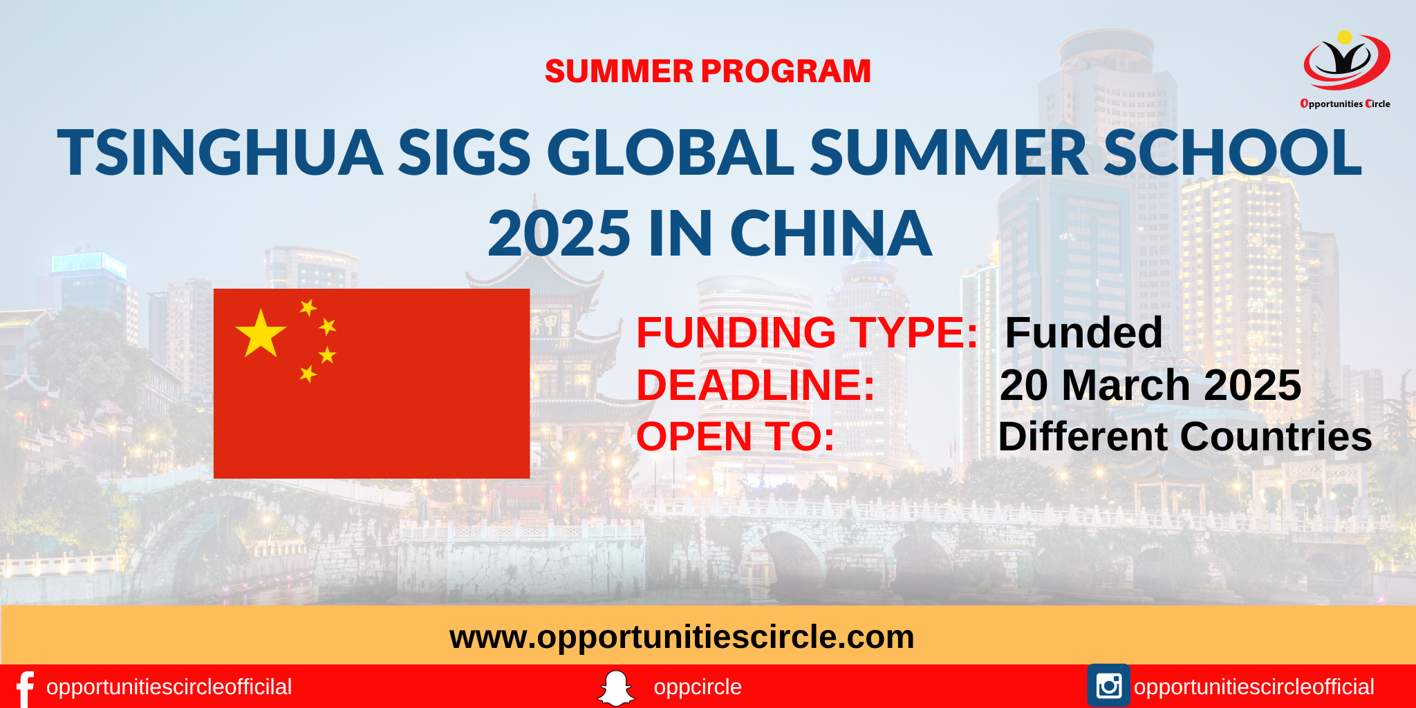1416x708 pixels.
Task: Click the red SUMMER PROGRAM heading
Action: (x=707, y=71)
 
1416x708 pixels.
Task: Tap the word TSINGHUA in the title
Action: (x=220, y=153)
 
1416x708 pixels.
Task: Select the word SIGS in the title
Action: (x=464, y=153)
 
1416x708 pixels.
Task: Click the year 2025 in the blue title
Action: (x=559, y=233)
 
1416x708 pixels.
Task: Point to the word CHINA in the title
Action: (x=830, y=233)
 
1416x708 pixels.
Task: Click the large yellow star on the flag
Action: (x=261, y=334)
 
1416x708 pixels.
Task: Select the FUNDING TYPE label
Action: (x=807, y=332)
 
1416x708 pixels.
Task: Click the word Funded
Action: (x=1083, y=332)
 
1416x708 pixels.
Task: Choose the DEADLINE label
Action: (x=756, y=385)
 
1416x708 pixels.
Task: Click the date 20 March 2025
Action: (x=1150, y=385)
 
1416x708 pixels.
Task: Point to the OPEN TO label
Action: (x=736, y=437)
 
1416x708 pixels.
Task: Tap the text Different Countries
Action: (x=1185, y=437)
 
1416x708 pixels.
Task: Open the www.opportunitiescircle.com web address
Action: (x=682, y=636)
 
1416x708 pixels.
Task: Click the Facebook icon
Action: (x=25, y=688)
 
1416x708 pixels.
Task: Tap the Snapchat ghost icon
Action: (x=615, y=688)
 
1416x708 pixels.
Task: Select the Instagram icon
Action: (x=1108, y=686)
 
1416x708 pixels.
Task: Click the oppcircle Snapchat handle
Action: (x=698, y=687)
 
